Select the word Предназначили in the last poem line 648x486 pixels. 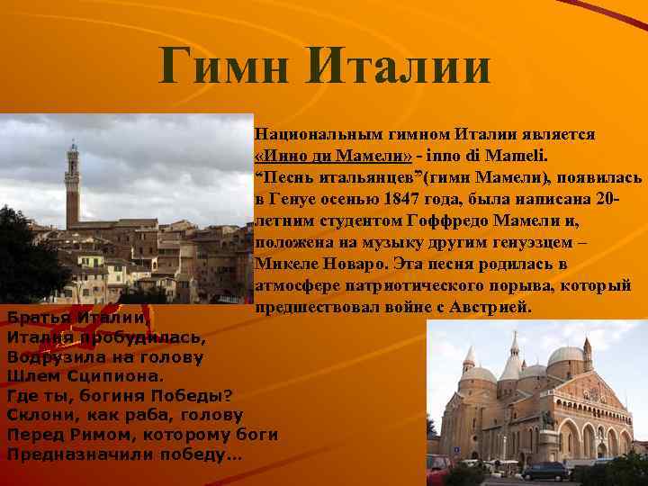77,454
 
